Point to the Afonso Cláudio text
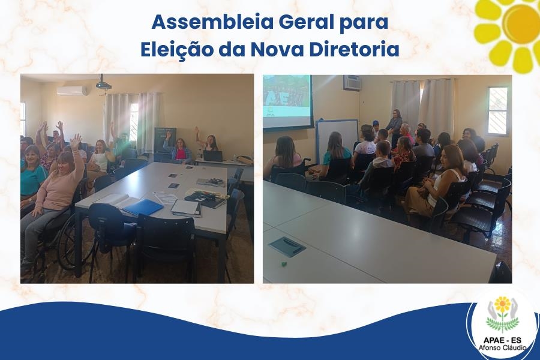pos(502,347)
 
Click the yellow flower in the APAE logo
pos(502,304)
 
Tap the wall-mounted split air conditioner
pos(71,91)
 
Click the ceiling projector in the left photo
pos(103,85)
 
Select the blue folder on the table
pos(143,207)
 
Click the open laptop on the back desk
pos(213,156)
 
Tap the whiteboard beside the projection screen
pos(337,139)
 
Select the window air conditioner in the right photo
pos(352,83)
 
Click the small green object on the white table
pos(284,264)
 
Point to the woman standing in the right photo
pos(394,126)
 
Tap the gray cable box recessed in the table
pos(287,246)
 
